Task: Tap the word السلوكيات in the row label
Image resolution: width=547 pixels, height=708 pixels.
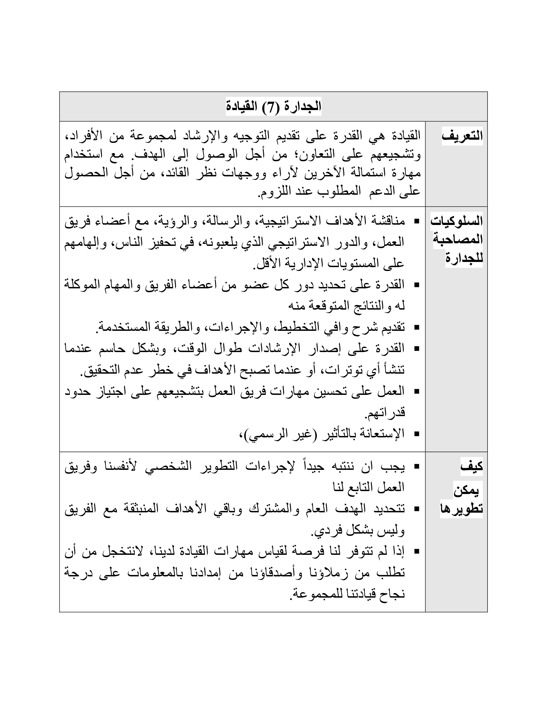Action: pyautogui.click(x=456, y=221)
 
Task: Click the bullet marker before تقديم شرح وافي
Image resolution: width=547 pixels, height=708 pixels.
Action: pyautogui.click(x=417, y=327)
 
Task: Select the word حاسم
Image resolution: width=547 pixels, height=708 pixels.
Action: pyautogui.click(x=119, y=349)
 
